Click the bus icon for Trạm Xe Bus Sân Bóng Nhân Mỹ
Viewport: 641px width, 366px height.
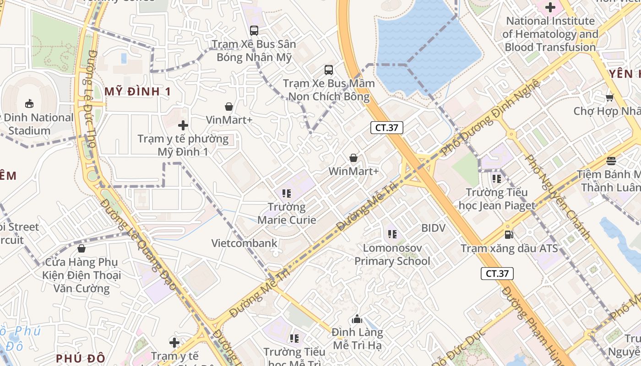pyautogui.click(x=254, y=31)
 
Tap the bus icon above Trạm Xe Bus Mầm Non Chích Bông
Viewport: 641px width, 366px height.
pyautogui.click(x=329, y=70)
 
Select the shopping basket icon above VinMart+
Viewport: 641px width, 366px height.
pyautogui.click(x=229, y=107)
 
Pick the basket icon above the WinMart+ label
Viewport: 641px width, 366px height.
pyautogui.click(x=353, y=158)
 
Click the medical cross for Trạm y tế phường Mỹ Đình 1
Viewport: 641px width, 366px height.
pyautogui.click(x=183, y=125)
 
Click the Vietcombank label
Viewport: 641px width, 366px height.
pyautogui.click(x=244, y=243)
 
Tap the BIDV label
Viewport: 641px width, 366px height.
pyautogui.click(x=433, y=227)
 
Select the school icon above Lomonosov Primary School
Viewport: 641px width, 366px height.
pyautogui.click(x=392, y=234)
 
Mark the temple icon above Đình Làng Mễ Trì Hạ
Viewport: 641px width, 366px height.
pyautogui.click(x=357, y=319)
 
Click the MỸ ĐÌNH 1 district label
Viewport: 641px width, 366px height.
pyautogui.click(x=137, y=91)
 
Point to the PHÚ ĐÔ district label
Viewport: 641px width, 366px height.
pyautogui.click(x=81, y=358)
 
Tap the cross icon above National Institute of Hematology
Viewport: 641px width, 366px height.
pyautogui.click(x=550, y=7)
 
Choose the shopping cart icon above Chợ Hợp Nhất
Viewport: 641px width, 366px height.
pyautogui.click(x=609, y=97)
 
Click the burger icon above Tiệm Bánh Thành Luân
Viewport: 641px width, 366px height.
pyautogui.click(x=611, y=161)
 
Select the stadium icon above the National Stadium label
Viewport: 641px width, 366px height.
pyautogui.click(x=29, y=103)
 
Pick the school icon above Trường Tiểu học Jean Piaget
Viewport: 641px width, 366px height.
pyautogui.click(x=497, y=178)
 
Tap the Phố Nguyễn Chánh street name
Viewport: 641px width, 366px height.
pyautogui.click(x=558, y=197)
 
